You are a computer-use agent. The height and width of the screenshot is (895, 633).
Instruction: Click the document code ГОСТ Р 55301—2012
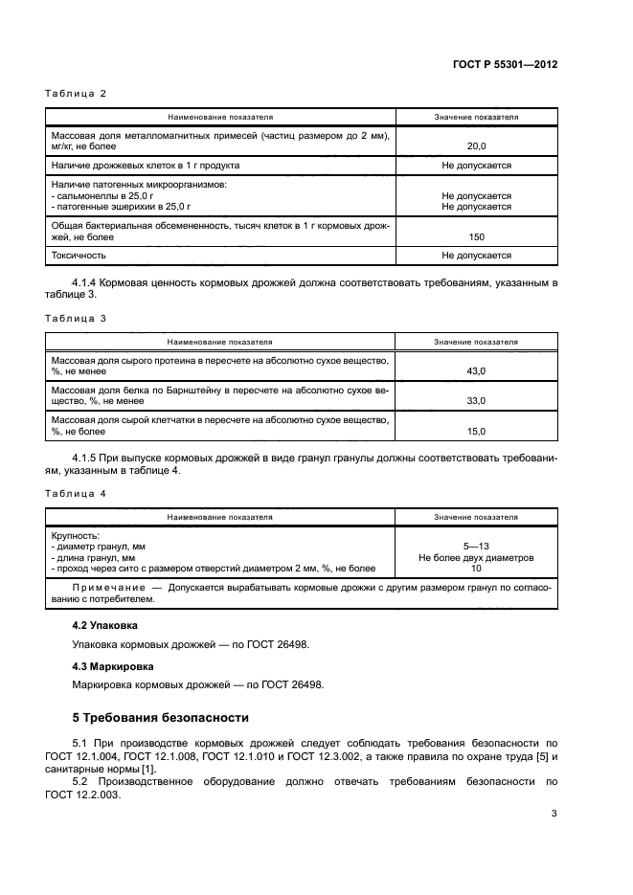tap(504, 65)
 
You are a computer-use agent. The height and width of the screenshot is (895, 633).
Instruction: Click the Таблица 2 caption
tap(76, 94)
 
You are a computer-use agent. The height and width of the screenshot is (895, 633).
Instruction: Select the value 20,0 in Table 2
tap(476, 146)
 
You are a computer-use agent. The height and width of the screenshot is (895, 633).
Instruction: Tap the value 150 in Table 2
tap(476, 236)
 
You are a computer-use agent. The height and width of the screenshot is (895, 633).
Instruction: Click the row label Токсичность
tap(79, 256)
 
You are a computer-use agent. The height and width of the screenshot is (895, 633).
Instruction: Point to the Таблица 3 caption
tap(76, 317)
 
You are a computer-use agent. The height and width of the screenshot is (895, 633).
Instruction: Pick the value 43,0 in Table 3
tap(476, 369)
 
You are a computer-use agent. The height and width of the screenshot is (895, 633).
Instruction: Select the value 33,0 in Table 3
tap(476, 400)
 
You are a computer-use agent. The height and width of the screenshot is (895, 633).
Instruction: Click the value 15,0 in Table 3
tap(476, 431)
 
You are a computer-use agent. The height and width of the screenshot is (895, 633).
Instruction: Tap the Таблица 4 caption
tap(76, 492)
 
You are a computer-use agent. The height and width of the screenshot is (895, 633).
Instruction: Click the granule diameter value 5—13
tap(476, 546)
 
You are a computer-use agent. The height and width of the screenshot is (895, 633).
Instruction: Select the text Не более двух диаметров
tap(476, 557)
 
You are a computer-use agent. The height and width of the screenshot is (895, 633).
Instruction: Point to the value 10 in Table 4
tap(476, 569)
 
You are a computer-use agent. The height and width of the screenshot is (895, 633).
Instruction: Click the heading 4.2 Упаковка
tap(105, 625)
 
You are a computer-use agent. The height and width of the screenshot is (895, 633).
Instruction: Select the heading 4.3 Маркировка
tap(112, 665)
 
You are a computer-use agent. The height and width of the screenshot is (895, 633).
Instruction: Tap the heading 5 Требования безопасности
tap(161, 717)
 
